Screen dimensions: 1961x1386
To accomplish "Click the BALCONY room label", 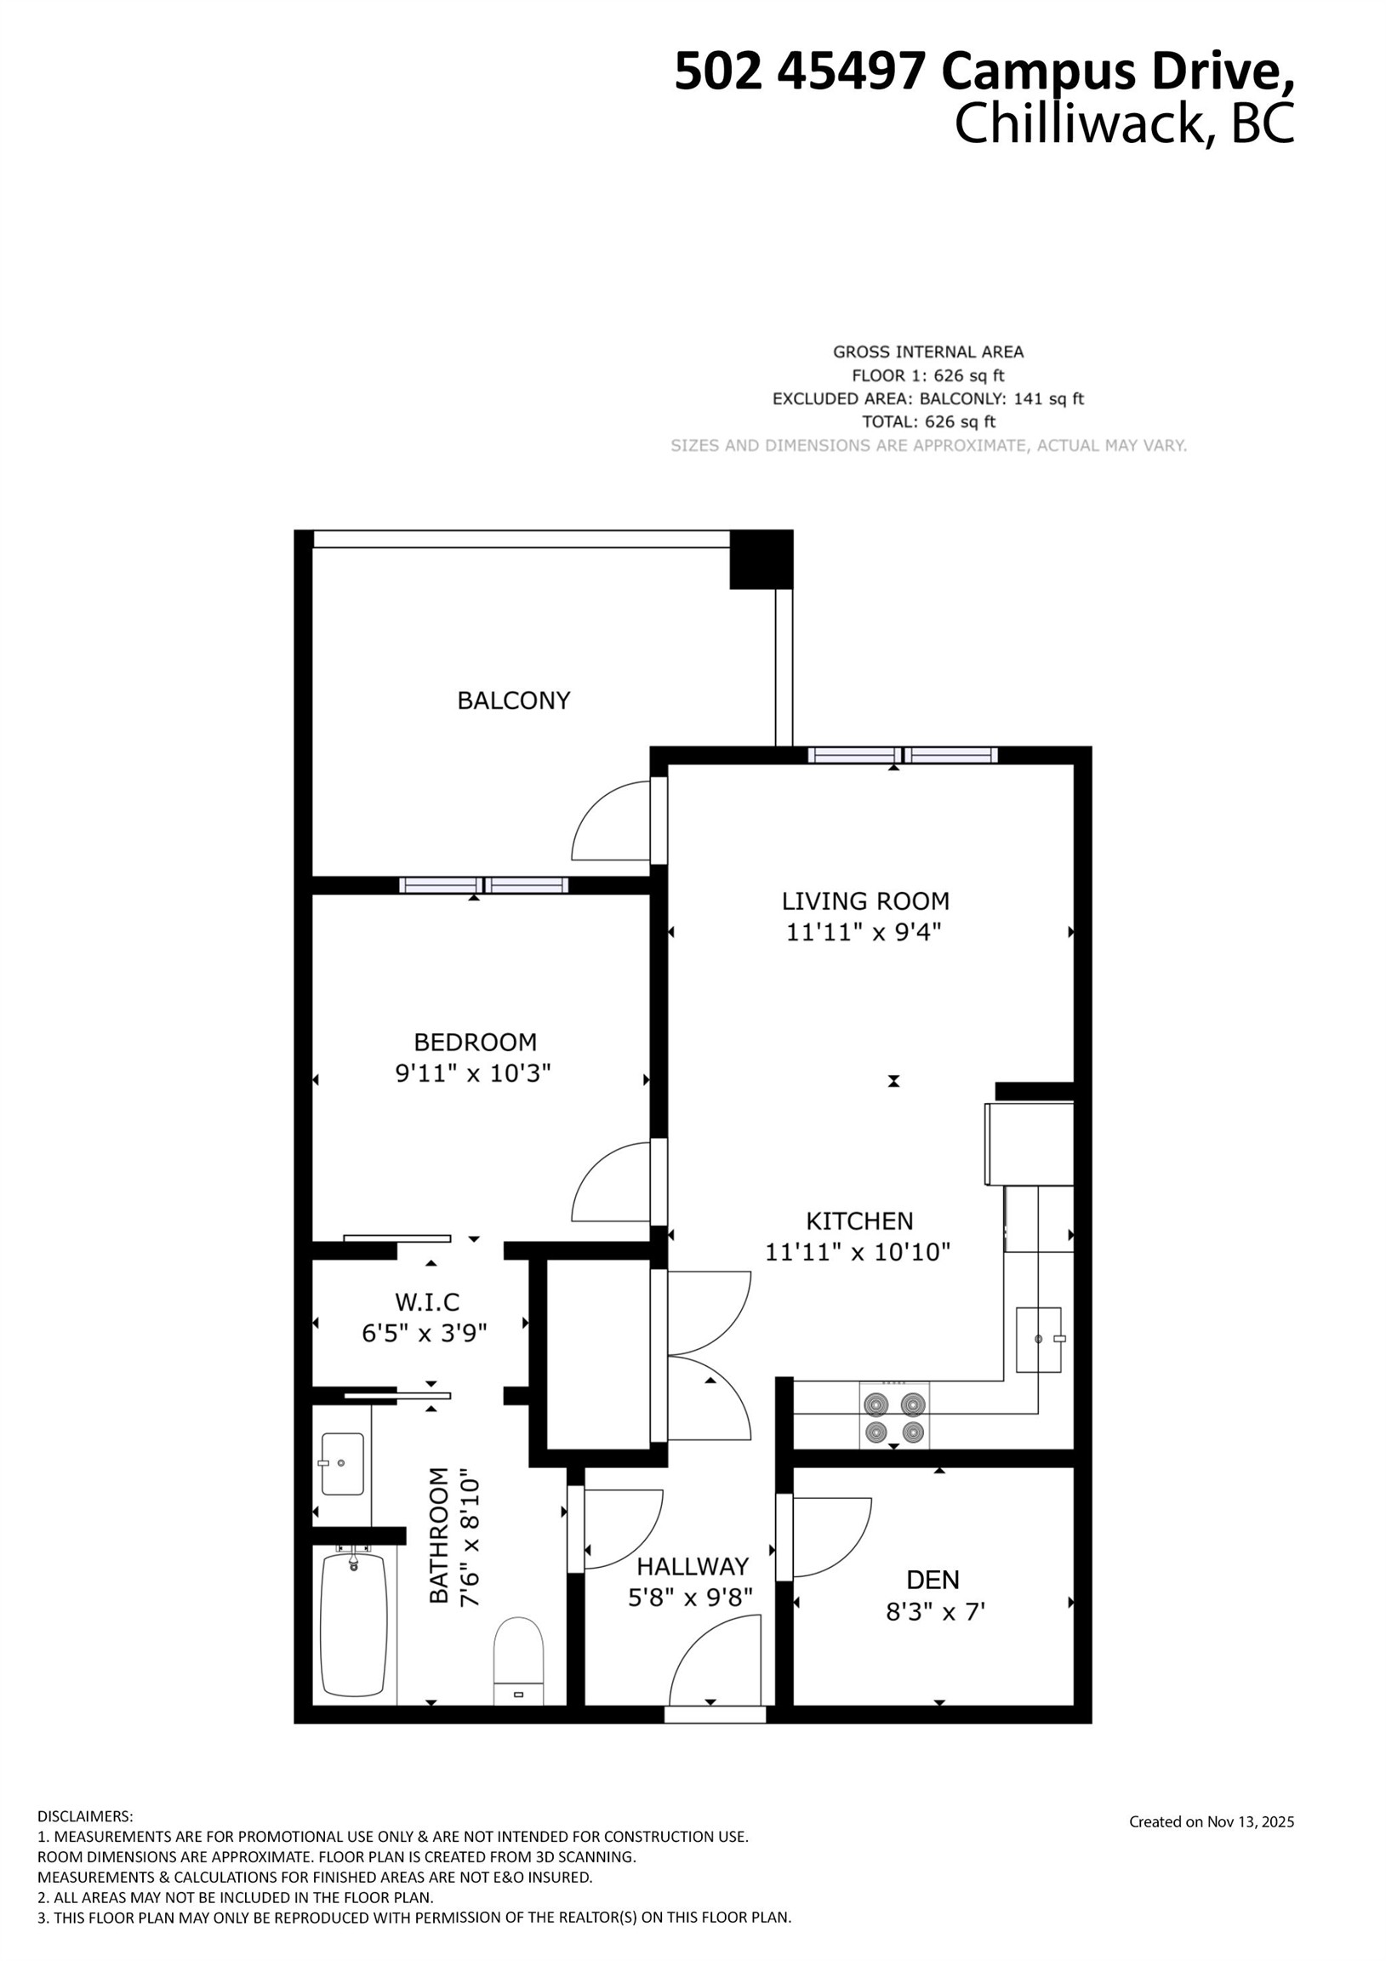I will [x=513, y=700].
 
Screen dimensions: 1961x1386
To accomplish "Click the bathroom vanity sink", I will [x=342, y=1464].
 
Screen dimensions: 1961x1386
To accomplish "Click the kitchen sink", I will [x=1037, y=1339].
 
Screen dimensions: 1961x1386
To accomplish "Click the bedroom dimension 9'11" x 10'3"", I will [x=473, y=1072].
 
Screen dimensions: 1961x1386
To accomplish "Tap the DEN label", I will [x=933, y=1579].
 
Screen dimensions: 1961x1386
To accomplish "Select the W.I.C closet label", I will [x=427, y=1302].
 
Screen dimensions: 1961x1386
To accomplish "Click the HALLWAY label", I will [x=693, y=1566].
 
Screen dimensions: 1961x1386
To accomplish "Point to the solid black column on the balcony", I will [x=761, y=559].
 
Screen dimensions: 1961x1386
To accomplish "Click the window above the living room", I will [x=903, y=755].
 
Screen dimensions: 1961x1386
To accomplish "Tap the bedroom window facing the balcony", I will [x=483, y=885].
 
